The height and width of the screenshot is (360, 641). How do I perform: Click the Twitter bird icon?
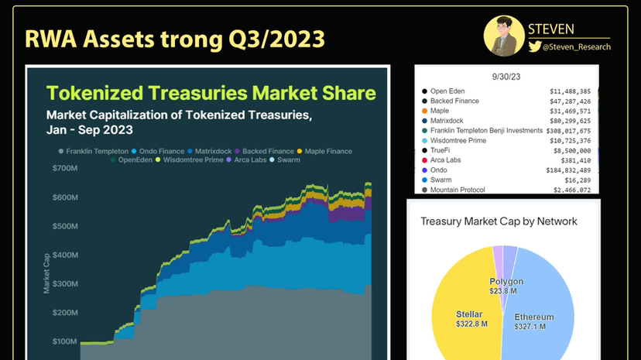point(534,47)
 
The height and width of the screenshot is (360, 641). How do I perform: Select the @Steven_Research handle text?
point(577,47)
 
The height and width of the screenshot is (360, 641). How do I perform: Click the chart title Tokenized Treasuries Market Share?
point(211,94)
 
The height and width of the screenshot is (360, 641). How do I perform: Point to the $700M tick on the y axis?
point(64,168)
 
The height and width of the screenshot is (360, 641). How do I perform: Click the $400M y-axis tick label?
point(64,255)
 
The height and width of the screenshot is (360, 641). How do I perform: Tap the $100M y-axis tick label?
point(64,341)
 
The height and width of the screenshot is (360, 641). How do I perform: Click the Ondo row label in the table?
point(439,170)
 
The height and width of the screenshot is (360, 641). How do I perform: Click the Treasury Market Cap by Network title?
point(499,221)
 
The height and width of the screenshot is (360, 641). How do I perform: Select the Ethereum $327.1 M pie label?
point(534,321)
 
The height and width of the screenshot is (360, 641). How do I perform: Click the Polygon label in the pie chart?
point(506,281)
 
